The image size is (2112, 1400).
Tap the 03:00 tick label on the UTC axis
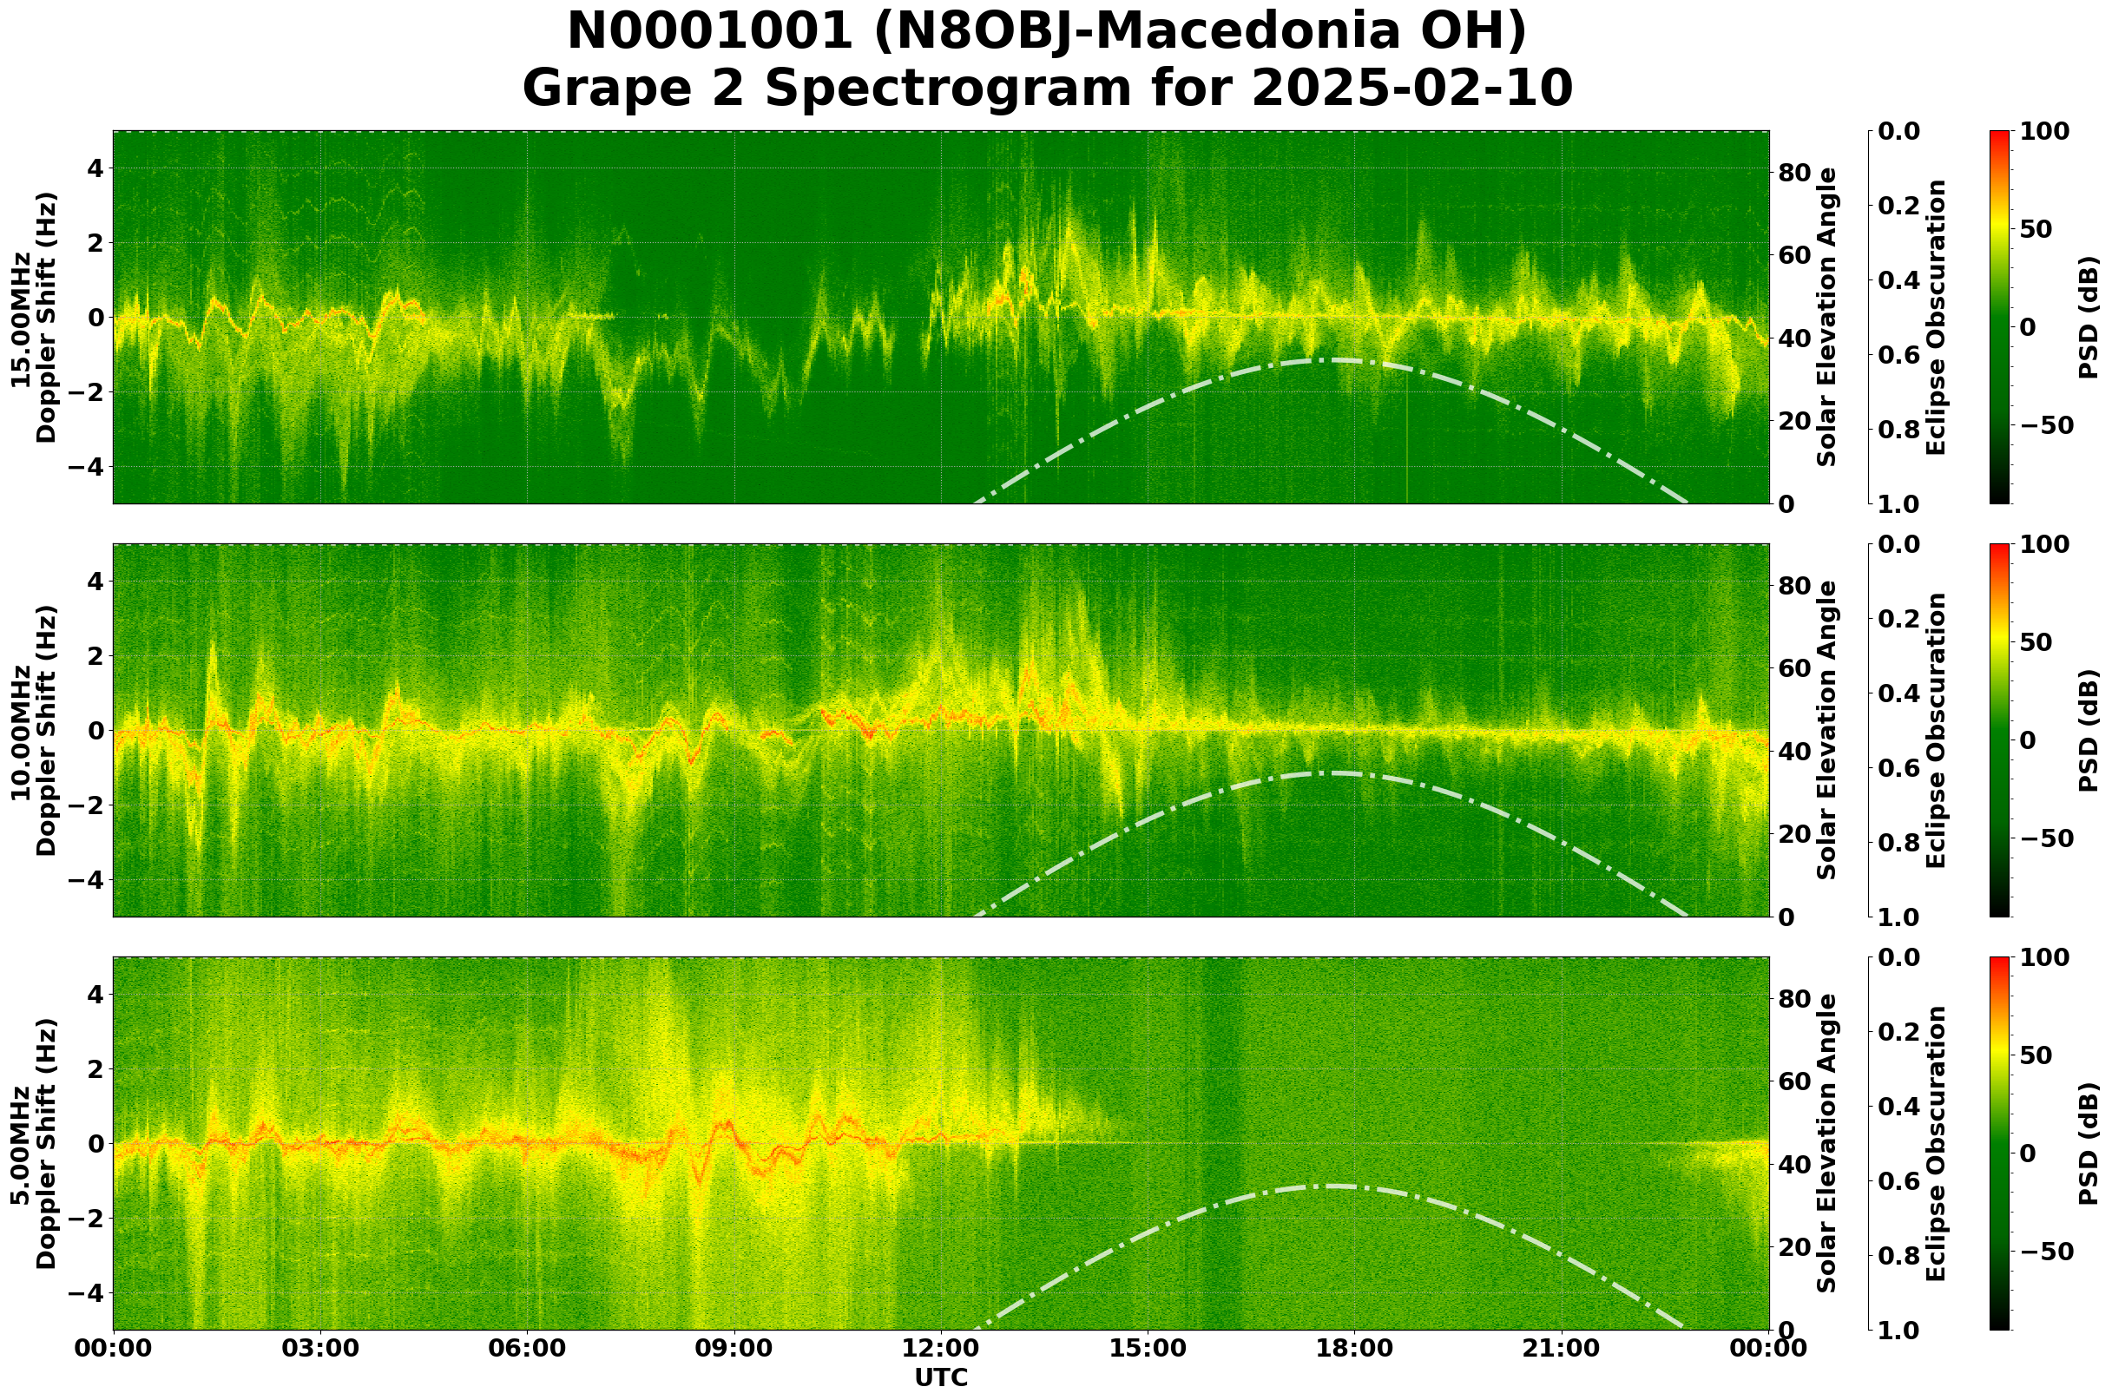click(319, 1348)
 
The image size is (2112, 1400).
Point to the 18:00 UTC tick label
click(1353, 1348)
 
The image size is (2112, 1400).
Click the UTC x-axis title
click(940, 1377)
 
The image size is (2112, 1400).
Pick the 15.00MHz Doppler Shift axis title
click(34, 317)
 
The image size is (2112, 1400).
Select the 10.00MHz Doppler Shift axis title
click(34, 730)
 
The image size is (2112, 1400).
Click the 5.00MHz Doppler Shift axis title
click(34, 1144)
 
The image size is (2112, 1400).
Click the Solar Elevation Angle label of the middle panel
click(1827, 730)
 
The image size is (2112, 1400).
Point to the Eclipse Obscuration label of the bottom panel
click(1935, 1144)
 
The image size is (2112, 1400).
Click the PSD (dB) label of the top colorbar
click(2088, 317)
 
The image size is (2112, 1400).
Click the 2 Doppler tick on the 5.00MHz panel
click(94, 1068)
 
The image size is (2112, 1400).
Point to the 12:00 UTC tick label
click(940, 1348)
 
